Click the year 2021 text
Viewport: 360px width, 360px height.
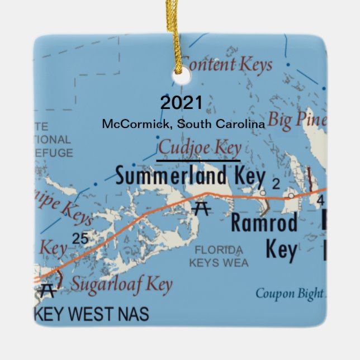(181, 103)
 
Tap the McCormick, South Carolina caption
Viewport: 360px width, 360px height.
(183, 124)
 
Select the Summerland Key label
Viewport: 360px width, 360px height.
(190, 177)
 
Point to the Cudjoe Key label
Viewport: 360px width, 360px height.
(200, 149)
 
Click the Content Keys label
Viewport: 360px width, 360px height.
(227, 64)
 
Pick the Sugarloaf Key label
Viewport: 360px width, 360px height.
(121, 285)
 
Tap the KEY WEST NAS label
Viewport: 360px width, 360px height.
(92, 314)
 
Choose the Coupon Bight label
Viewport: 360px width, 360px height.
(289, 293)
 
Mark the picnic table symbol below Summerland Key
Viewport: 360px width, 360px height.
(201, 208)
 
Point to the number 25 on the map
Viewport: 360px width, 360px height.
(80, 239)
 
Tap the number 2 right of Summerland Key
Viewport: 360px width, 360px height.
(275, 184)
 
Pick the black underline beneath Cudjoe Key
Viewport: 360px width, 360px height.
(198, 160)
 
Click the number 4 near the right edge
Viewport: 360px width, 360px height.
(320, 200)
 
